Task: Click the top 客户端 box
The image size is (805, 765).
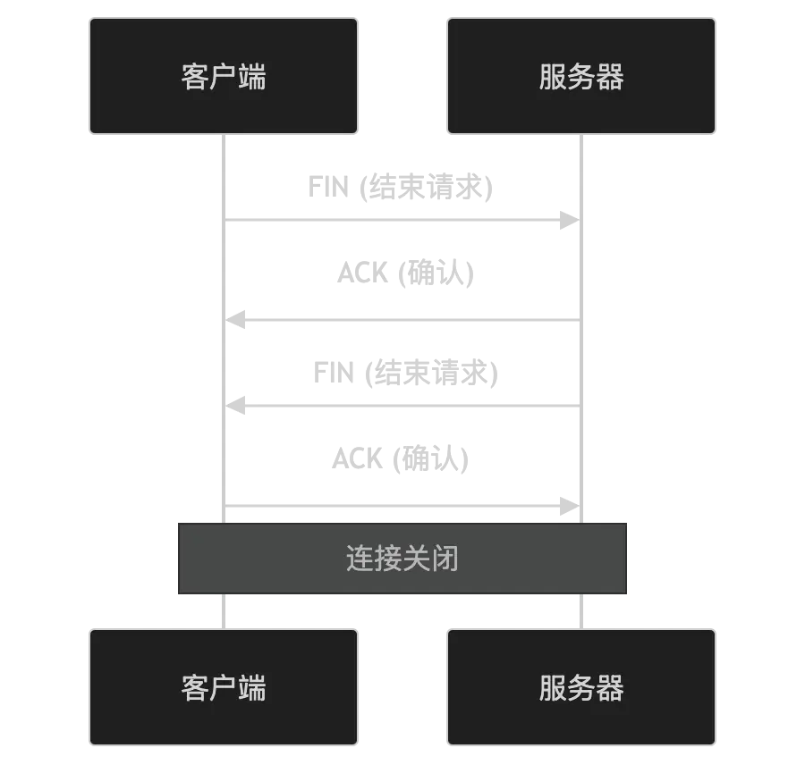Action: coord(224,76)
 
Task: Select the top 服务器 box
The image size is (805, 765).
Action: coord(581,76)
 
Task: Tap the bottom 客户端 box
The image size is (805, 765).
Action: coord(224,687)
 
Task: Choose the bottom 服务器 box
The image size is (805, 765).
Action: coord(581,687)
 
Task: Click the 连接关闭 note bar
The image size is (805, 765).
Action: coord(402,559)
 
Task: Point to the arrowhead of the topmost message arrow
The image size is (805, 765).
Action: coord(570,218)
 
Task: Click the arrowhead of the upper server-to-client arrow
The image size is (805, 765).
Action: coord(238,318)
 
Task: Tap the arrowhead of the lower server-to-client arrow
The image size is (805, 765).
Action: coord(238,404)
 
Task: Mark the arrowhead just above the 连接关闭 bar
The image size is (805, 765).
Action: coord(570,504)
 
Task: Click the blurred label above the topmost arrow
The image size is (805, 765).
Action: coord(401,188)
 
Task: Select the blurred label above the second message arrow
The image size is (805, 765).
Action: coord(407,273)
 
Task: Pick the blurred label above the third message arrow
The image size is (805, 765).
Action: coord(407,372)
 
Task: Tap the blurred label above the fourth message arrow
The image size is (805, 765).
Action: coord(401,459)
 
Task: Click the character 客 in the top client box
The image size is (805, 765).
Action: coord(195,77)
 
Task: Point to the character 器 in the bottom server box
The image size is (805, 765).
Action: coord(610,688)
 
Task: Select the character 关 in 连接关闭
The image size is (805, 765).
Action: coord(416,559)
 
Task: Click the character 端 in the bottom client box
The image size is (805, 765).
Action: coord(252,688)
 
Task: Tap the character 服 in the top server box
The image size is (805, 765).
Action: coord(553,77)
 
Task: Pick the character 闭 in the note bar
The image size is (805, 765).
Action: coord(445,559)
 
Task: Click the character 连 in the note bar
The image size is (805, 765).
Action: coord(360,559)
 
